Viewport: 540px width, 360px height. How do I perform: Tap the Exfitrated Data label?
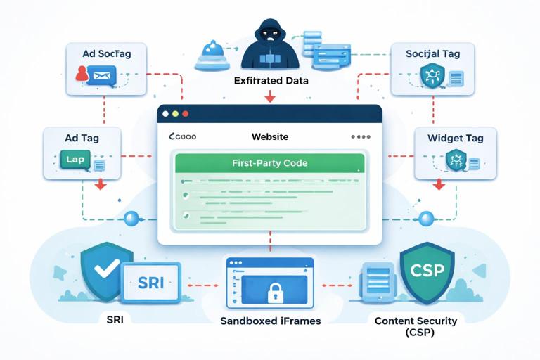point(271,82)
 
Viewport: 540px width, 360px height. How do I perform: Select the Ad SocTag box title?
point(103,53)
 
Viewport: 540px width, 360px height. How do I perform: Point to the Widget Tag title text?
point(455,138)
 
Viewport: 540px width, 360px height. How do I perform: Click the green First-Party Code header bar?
point(269,163)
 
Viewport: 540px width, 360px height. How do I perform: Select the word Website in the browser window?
point(269,137)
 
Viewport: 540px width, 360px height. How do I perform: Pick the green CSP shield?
point(427,271)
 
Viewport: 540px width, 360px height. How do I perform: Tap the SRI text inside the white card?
point(151,283)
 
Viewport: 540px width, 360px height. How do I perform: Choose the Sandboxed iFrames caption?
point(271,321)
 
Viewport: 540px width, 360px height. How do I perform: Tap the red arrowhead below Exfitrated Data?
point(270,98)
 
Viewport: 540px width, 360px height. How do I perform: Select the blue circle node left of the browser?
point(130,219)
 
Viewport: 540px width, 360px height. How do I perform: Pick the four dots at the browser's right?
point(359,137)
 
